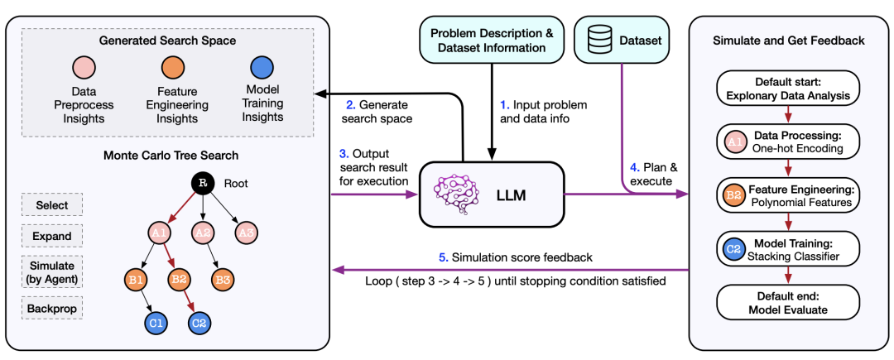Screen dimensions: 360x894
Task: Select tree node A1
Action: (160, 233)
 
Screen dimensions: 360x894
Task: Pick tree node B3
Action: (221, 279)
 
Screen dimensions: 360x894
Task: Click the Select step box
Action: (52, 204)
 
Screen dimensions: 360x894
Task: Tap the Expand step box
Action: (52, 236)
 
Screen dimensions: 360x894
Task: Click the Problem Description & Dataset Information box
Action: (493, 40)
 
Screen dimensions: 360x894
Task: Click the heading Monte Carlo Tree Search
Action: (171, 155)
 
